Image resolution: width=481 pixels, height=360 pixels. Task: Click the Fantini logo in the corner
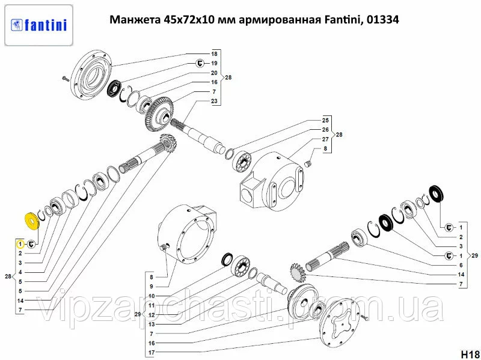(38, 25)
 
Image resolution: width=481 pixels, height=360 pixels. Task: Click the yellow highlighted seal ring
(32, 221)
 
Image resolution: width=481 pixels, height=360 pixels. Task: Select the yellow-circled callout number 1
(20, 244)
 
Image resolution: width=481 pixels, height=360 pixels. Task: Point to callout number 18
(214, 54)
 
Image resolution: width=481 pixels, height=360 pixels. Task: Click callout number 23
(214, 101)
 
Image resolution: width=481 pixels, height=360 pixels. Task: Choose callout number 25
(325, 120)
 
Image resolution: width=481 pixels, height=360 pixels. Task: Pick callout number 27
(325, 139)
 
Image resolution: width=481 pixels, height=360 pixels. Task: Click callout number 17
(152, 353)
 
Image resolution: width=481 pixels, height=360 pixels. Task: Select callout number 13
(152, 325)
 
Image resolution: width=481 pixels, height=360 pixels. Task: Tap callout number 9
(152, 287)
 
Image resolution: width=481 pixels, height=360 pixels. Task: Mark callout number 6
(461, 265)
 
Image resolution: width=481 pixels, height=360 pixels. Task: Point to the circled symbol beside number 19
(200, 64)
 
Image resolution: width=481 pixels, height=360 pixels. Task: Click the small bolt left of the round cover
(66, 79)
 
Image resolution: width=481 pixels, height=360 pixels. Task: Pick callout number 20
(214, 73)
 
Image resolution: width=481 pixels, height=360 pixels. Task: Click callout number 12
(152, 315)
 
